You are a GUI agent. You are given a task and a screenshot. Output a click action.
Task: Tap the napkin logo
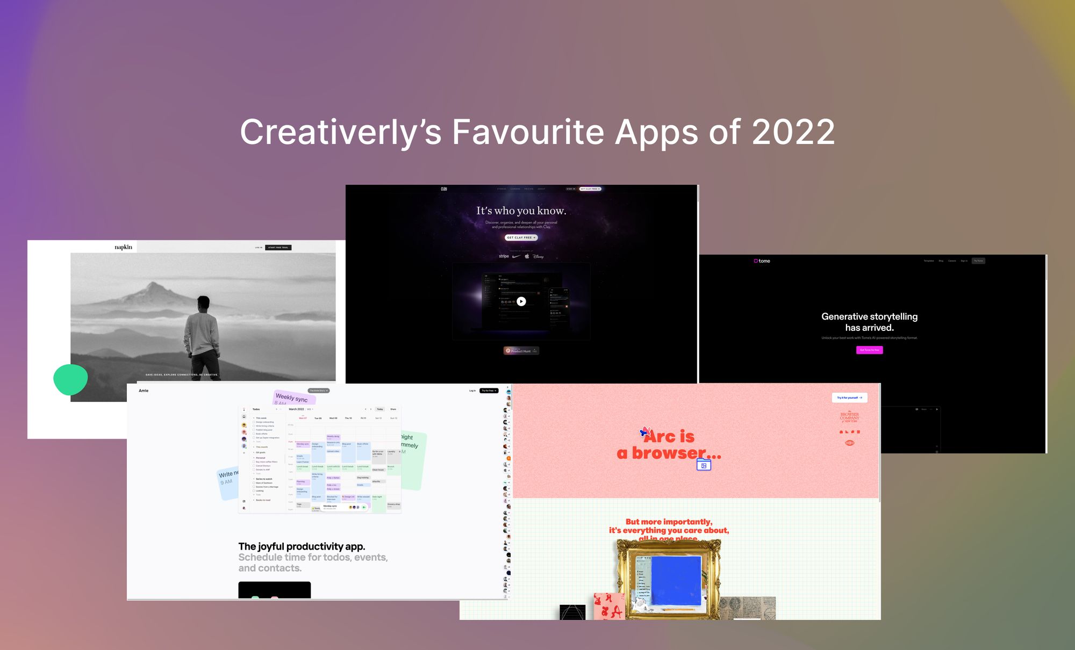(x=123, y=247)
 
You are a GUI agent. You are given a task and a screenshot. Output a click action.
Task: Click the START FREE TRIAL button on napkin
(x=278, y=248)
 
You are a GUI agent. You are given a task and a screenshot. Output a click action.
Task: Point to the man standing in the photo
(x=203, y=333)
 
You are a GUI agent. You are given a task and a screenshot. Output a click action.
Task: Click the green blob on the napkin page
(x=70, y=379)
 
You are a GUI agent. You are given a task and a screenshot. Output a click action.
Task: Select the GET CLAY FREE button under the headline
(x=521, y=237)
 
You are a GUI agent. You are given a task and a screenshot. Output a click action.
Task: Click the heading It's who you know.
(x=521, y=211)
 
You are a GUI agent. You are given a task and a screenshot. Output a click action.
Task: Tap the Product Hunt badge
(x=521, y=351)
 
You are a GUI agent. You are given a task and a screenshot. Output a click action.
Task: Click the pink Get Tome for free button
(x=869, y=350)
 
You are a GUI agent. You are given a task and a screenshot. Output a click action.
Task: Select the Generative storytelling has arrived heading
(x=869, y=322)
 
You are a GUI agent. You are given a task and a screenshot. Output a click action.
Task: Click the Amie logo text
(x=144, y=391)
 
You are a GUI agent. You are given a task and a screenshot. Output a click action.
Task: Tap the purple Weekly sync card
(x=293, y=398)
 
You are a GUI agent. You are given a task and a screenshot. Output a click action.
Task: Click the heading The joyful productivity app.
(x=302, y=546)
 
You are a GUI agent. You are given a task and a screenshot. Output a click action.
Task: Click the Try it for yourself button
(x=849, y=398)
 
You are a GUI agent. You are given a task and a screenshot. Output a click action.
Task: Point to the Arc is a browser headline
(x=669, y=445)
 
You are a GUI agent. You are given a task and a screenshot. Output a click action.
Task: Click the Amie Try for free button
(x=489, y=391)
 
